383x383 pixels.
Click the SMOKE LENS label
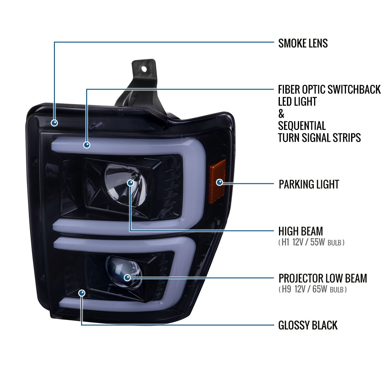point(303,43)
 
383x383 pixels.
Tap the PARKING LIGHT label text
point(309,184)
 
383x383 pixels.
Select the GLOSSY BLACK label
point(308,325)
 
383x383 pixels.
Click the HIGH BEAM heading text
point(301,231)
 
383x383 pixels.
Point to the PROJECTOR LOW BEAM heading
point(323,278)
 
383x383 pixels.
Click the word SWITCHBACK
point(354,89)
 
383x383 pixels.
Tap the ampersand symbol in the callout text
point(281,114)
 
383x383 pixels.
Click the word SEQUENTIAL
point(302,126)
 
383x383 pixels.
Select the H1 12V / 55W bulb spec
point(311,242)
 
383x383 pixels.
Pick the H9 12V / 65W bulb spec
point(312,289)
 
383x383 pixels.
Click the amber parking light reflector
point(218,181)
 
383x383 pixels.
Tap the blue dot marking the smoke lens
point(54,123)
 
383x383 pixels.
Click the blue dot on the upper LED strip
point(87,145)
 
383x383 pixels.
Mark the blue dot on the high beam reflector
point(131,183)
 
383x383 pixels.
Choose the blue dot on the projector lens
point(127,278)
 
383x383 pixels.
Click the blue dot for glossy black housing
point(82,293)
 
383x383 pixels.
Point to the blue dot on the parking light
point(220,182)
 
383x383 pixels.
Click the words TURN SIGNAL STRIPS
point(319,138)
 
